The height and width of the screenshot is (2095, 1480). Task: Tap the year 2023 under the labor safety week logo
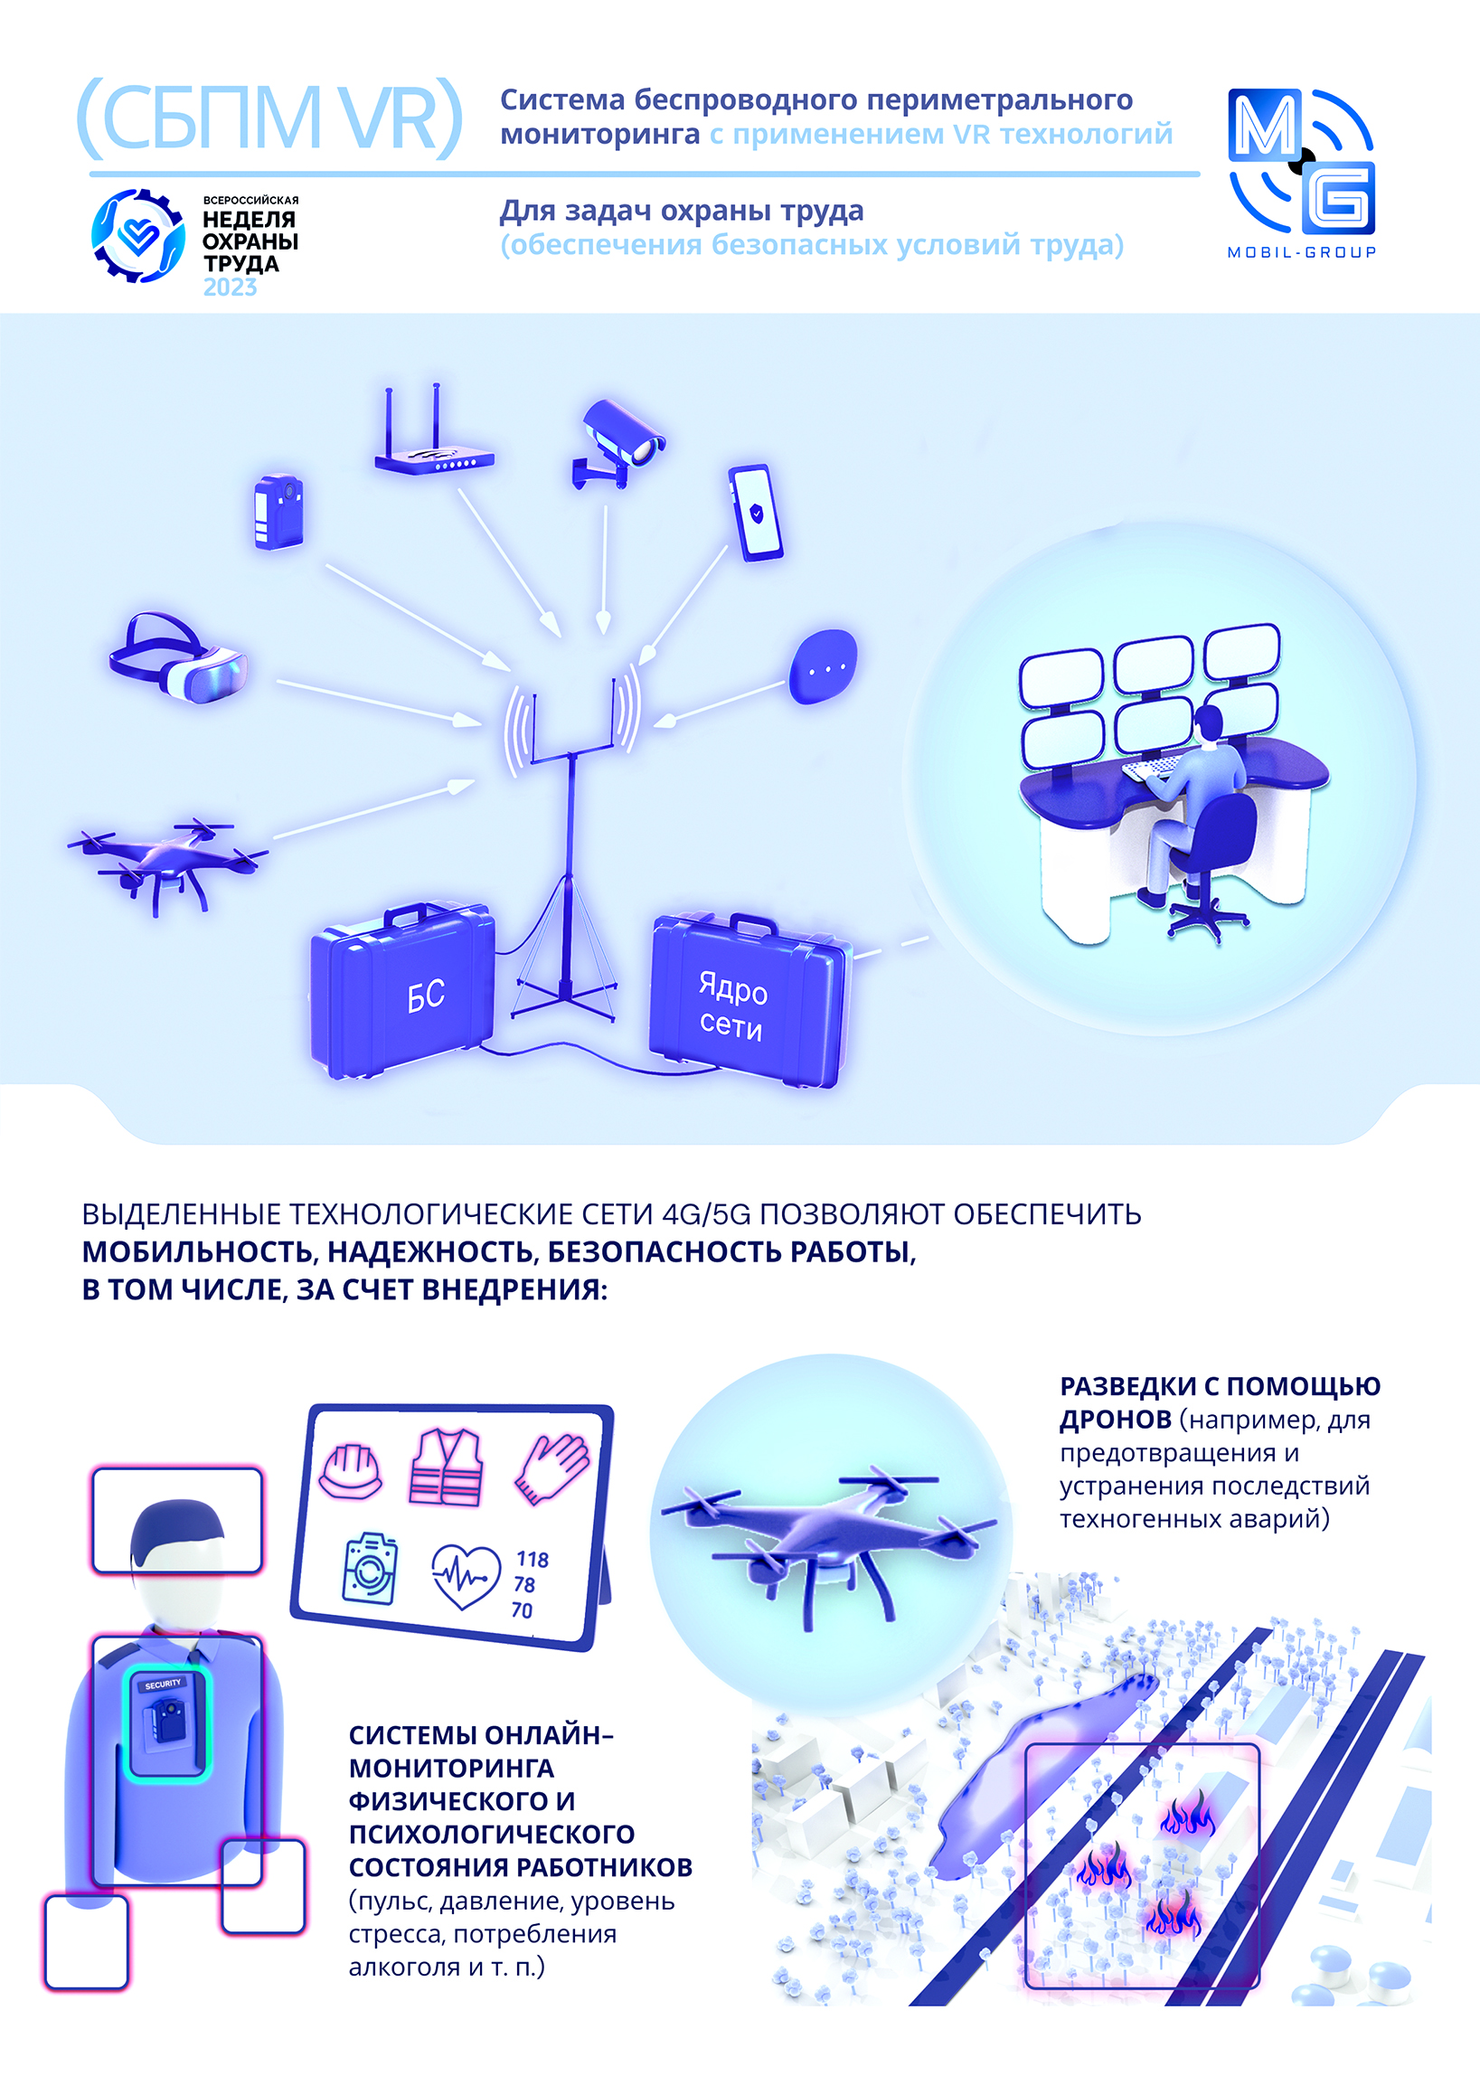(230, 288)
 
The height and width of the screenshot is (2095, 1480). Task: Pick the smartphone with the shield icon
(756, 513)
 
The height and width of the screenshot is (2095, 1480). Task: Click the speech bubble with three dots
(823, 666)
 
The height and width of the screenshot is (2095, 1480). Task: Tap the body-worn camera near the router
(278, 512)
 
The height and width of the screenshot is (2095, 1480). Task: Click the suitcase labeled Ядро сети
(747, 1001)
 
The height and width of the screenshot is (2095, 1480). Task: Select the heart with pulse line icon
(467, 1577)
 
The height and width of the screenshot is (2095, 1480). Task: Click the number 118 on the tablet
(533, 1560)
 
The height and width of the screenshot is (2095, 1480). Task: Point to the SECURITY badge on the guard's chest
(164, 1684)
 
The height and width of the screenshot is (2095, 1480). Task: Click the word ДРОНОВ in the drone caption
(1115, 1420)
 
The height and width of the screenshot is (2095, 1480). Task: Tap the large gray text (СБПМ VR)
(270, 118)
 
